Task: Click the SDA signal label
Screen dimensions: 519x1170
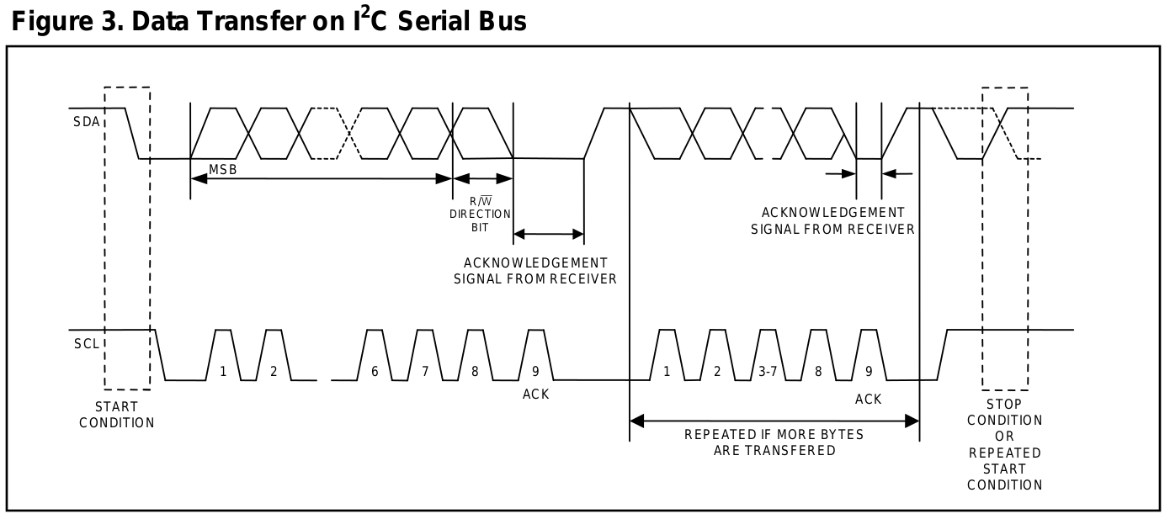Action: [x=86, y=122]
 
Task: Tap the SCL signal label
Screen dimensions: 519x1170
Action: [x=86, y=344]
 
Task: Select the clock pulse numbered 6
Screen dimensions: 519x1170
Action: [x=375, y=370]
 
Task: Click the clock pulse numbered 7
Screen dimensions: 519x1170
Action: [x=425, y=370]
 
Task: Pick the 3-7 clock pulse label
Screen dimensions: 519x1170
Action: [x=767, y=370]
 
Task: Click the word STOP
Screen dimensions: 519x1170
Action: [x=1004, y=405]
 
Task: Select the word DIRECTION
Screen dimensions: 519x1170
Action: [x=480, y=214]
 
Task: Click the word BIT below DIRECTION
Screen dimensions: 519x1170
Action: [x=480, y=228]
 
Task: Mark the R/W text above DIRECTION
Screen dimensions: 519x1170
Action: [x=480, y=201]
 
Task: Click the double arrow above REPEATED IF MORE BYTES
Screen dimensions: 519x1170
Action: [x=774, y=421]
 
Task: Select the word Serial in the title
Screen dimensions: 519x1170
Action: [x=429, y=21]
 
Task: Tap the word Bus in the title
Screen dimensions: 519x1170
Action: [x=499, y=21]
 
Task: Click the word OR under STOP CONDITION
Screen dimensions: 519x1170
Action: [x=1004, y=437]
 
